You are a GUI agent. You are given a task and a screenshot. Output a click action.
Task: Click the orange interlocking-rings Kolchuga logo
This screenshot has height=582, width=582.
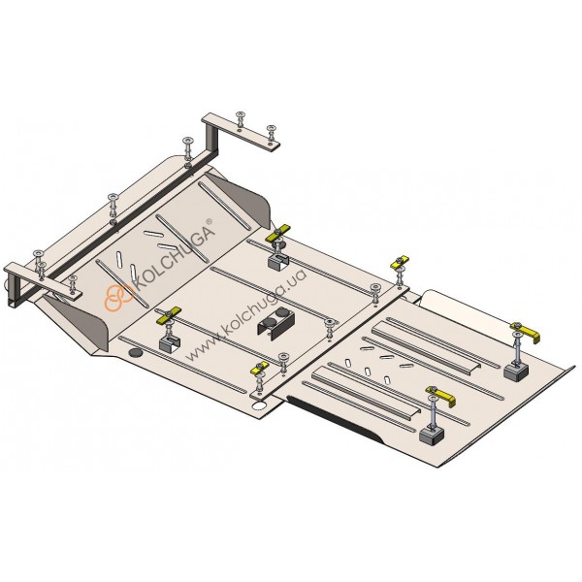(x=118, y=298)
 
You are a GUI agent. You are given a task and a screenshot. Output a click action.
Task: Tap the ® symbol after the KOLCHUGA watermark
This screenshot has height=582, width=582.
(x=209, y=221)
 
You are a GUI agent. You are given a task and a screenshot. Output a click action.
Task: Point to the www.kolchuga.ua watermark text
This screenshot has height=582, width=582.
(x=246, y=314)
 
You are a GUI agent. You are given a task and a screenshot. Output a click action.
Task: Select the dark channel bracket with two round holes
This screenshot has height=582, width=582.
(x=276, y=322)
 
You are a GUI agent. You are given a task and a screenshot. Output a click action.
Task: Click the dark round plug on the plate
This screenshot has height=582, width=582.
(x=136, y=353)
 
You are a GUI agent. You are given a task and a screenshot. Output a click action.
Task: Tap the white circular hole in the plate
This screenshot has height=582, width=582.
(x=259, y=405)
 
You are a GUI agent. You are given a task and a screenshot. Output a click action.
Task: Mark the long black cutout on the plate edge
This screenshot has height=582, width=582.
(x=335, y=420)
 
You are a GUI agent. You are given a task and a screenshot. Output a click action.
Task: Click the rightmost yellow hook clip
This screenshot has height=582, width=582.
(x=526, y=332)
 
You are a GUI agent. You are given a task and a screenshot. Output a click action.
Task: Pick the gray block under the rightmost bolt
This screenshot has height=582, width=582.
(x=516, y=371)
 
